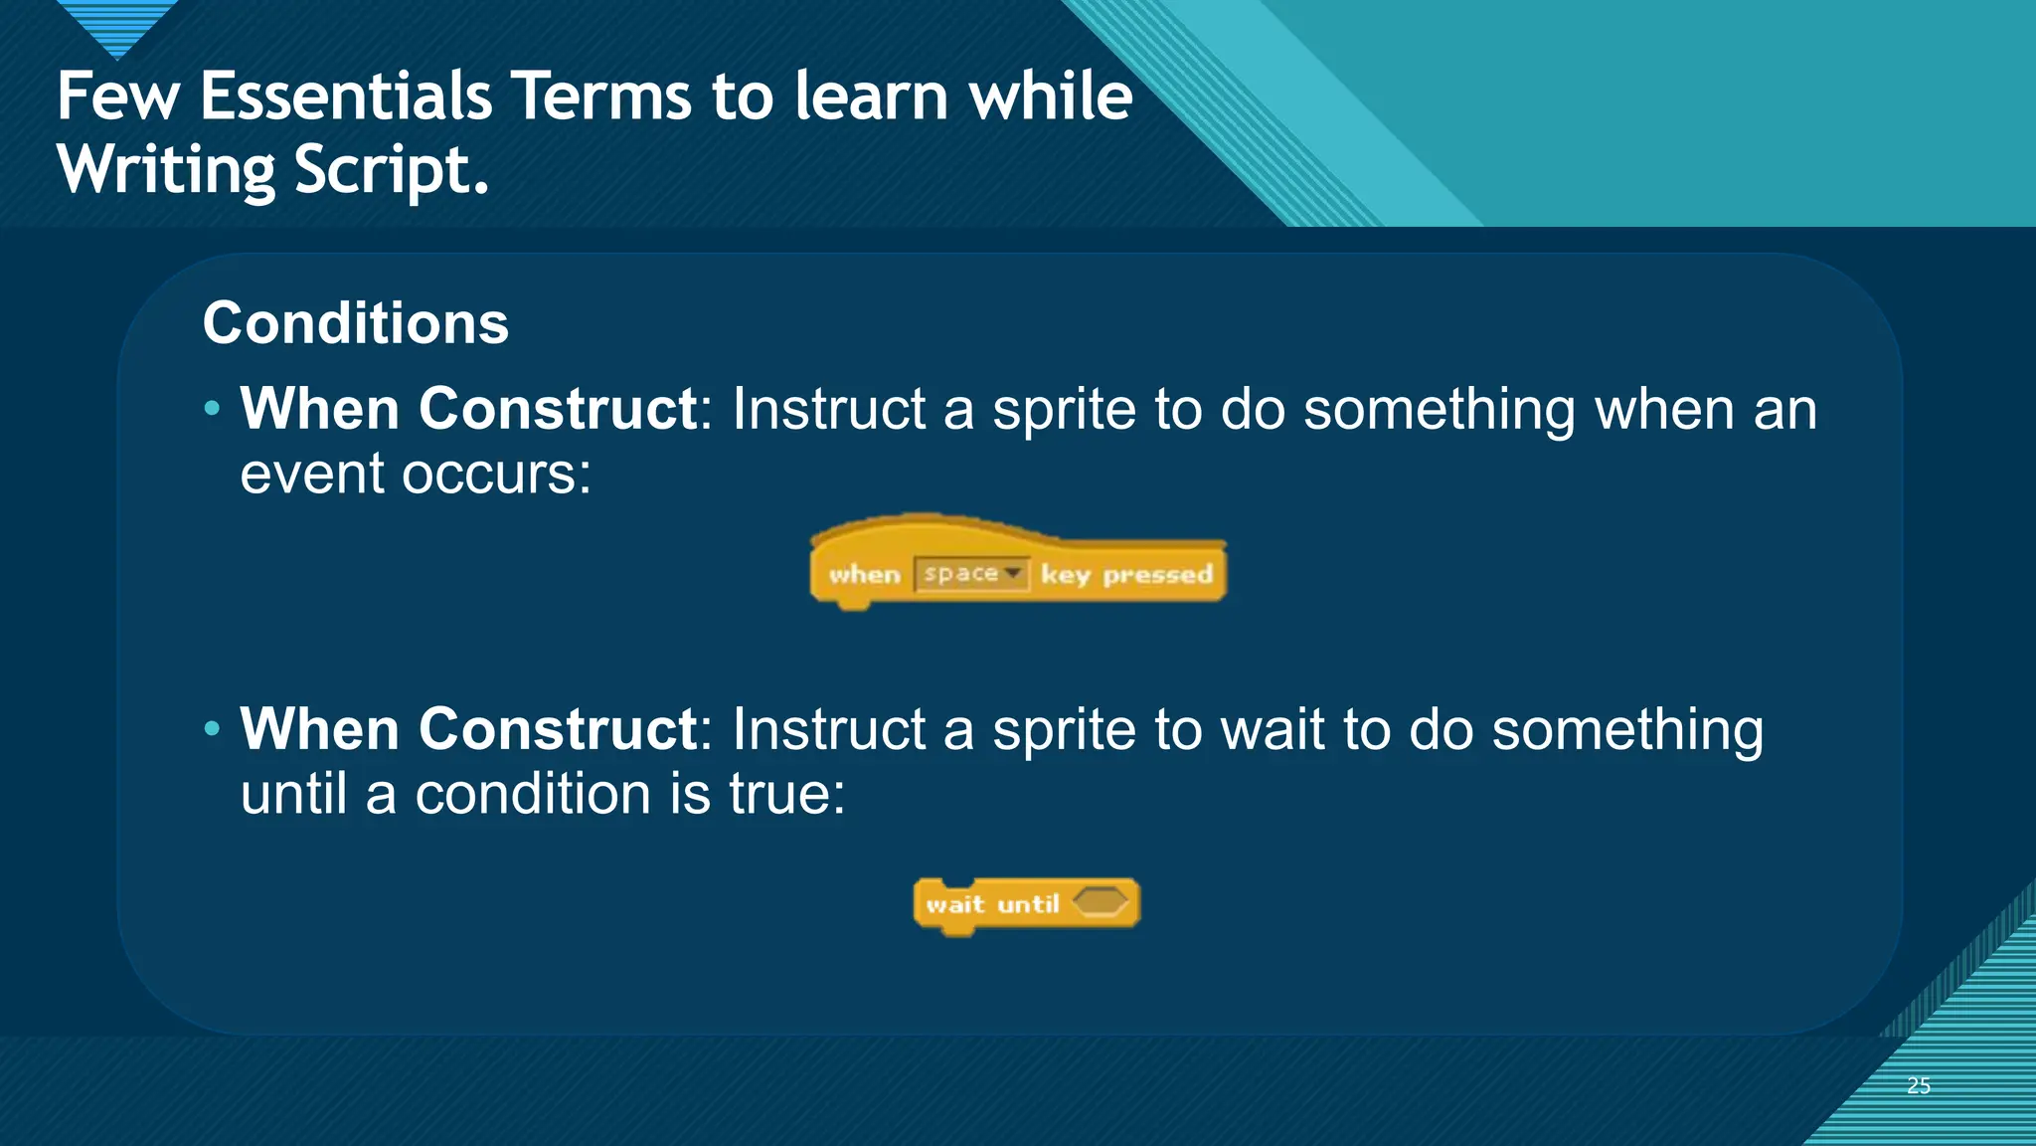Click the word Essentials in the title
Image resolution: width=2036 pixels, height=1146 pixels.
click(x=346, y=96)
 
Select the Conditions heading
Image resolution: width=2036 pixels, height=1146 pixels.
click(x=355, y=323)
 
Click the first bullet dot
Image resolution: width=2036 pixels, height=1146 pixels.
click(x=211, y=408)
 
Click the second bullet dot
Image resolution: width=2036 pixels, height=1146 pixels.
click(x=211, y=729)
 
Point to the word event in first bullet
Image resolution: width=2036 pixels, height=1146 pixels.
click(x=311, y=474)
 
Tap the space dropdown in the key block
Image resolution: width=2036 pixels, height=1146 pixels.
click(x=970, y=574)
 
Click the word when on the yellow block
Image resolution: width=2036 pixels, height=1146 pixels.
click(x=864, y=575)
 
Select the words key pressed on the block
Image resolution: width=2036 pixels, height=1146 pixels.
click(x=1126, y=575)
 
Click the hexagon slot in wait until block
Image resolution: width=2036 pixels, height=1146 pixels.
click(x=1100, y=902)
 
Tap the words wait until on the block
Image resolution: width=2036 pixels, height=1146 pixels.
click(x=991, y=904)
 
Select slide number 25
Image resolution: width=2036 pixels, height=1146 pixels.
click(x=1918, y=1085)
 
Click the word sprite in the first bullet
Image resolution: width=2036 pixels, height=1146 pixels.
click(x=1064, y=409)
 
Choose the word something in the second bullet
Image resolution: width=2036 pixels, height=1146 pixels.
click(x=1626, y=730)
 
